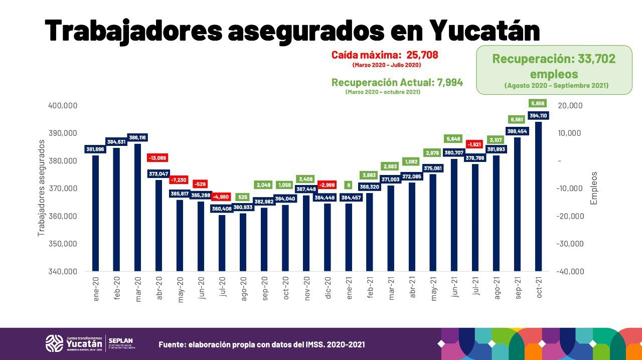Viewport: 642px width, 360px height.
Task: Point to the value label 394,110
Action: (x=538, y=116)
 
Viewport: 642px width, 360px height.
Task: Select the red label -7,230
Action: (x=179, y=180)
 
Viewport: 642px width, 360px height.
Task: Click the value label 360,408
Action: (x=222, y=209)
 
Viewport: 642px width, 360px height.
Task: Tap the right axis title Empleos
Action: (x=594, y=188)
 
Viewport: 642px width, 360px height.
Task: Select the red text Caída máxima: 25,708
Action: (x=385, y=55)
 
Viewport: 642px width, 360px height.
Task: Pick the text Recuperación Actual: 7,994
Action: (x=397, y=83)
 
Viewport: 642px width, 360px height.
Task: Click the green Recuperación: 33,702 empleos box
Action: (x=554, y=70)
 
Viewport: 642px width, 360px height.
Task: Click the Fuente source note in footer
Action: (x=262, y=344)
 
